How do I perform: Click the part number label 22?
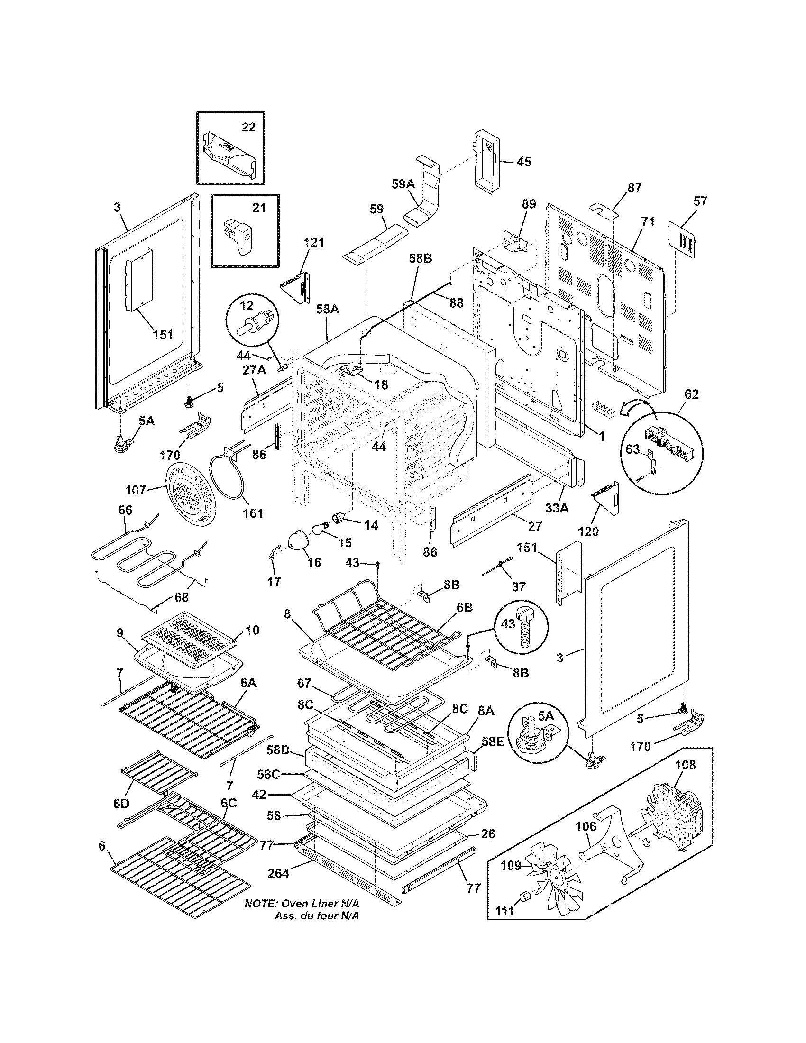[x=248, y=127]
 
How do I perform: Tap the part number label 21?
[x=258, y=208]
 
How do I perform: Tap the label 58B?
[x=420, y=259]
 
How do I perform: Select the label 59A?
[x=404, y=184]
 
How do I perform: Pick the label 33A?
[x=557, y=509]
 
